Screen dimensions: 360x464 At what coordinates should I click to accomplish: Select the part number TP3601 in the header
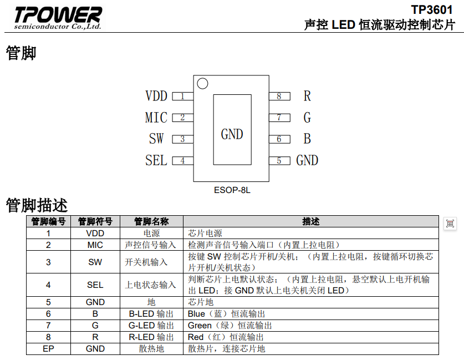click(432, 10)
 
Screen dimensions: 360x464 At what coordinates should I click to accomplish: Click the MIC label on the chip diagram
click(156, 118)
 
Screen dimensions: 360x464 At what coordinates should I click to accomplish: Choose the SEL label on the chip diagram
click(156, 160)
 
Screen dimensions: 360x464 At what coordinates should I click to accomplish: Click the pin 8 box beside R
click(279, 96)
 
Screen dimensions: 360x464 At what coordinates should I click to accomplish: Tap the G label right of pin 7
click(307, 118)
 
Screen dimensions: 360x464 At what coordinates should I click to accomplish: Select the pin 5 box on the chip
click(279, 161)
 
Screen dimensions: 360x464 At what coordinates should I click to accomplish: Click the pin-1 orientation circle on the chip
click(202, 84)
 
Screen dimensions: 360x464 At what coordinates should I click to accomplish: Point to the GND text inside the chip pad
click(232, 134)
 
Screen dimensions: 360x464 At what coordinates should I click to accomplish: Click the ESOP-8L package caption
click(232, 190)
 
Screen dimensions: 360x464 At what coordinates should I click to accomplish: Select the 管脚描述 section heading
click(37, 206)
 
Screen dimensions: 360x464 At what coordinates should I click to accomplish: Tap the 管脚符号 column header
click(95, 221)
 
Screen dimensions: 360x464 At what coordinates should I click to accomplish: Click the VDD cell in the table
click(95, 234)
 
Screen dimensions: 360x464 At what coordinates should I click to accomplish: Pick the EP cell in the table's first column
click(48, 349)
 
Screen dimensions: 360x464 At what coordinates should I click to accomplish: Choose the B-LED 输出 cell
click(151, 314)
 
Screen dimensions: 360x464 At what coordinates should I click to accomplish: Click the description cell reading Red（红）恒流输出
click(226, 337)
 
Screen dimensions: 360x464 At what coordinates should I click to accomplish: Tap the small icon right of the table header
click(450, 223)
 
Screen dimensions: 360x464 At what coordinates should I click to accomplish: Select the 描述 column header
click(311, 221)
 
